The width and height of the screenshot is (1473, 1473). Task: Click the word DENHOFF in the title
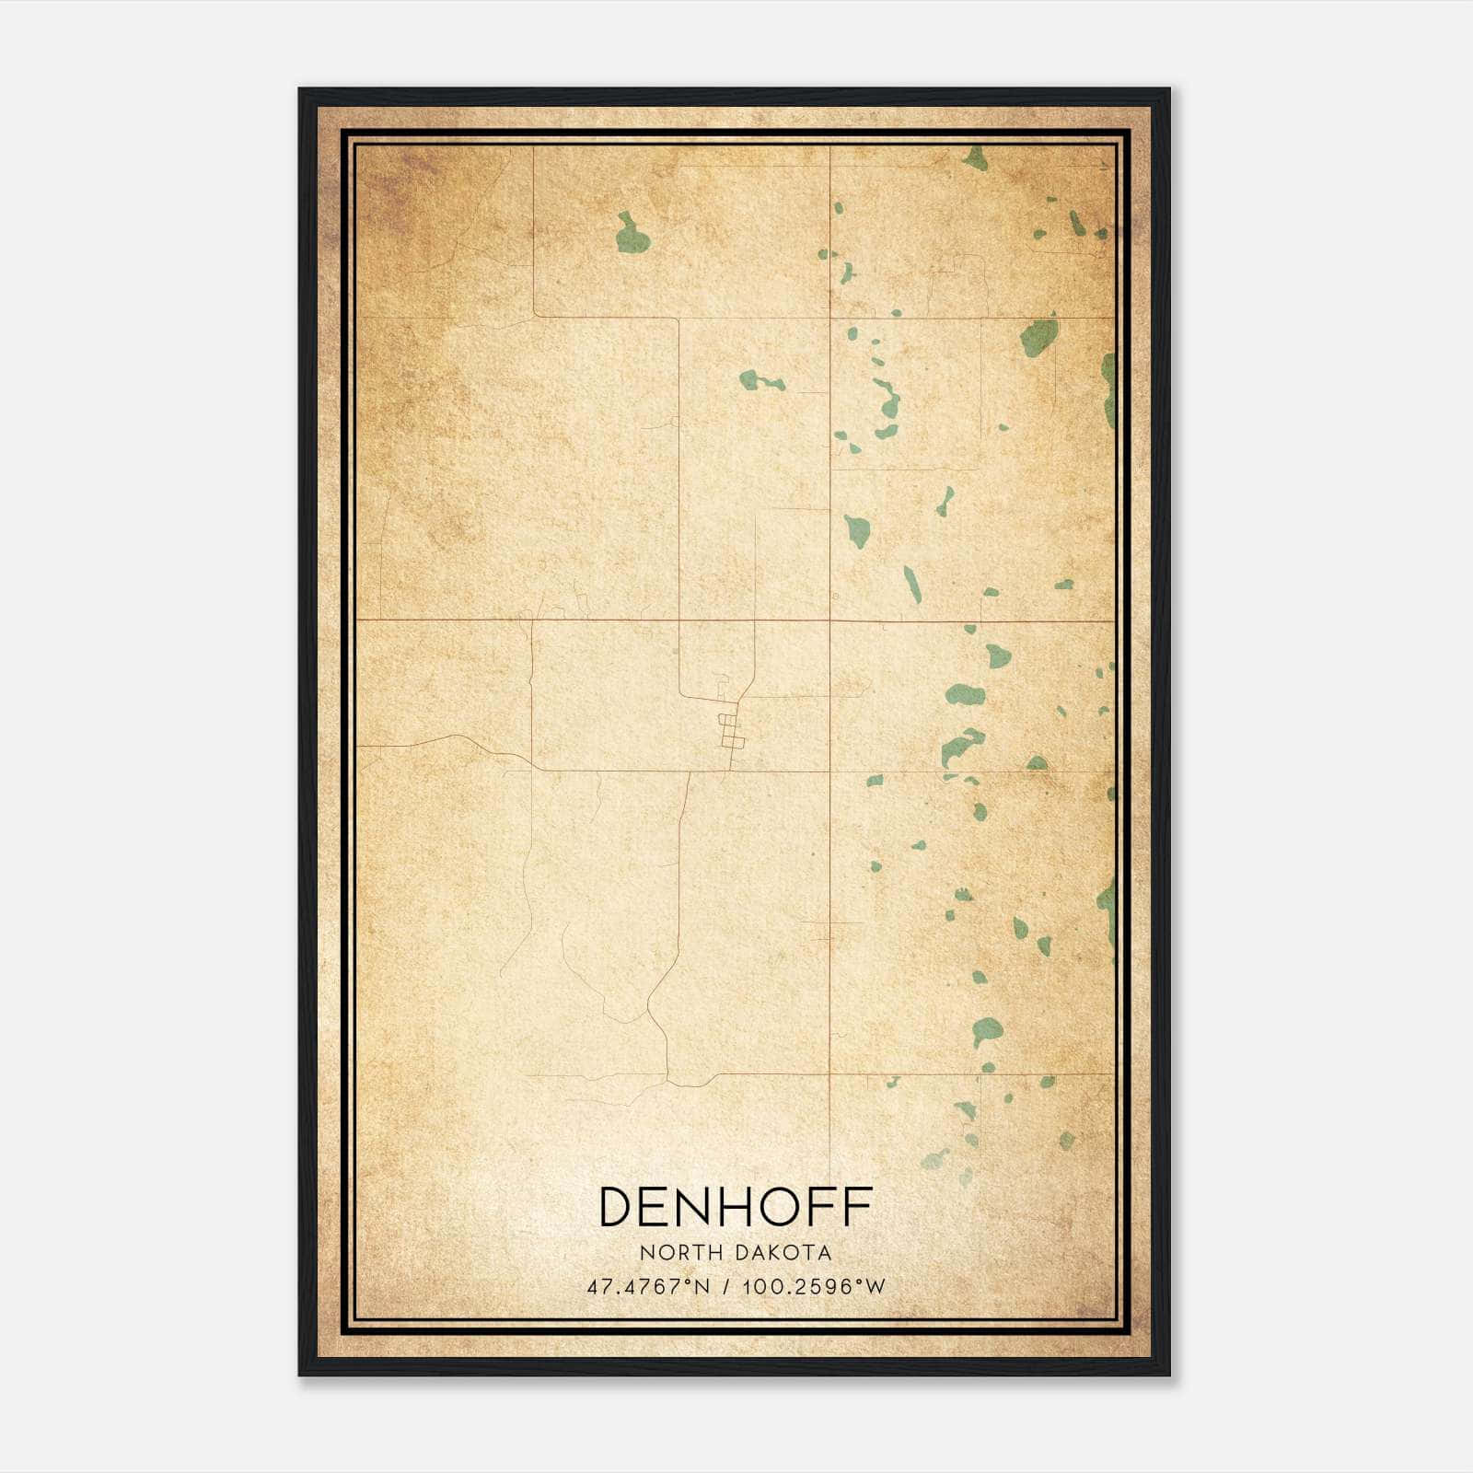736,1207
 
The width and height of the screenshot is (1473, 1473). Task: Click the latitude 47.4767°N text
648,1287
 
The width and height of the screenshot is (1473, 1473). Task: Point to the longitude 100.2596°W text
813,1287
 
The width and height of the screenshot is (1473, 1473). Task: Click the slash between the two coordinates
726,1287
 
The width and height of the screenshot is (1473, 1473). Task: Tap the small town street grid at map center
731,732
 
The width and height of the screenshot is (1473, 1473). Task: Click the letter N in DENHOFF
696,1207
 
